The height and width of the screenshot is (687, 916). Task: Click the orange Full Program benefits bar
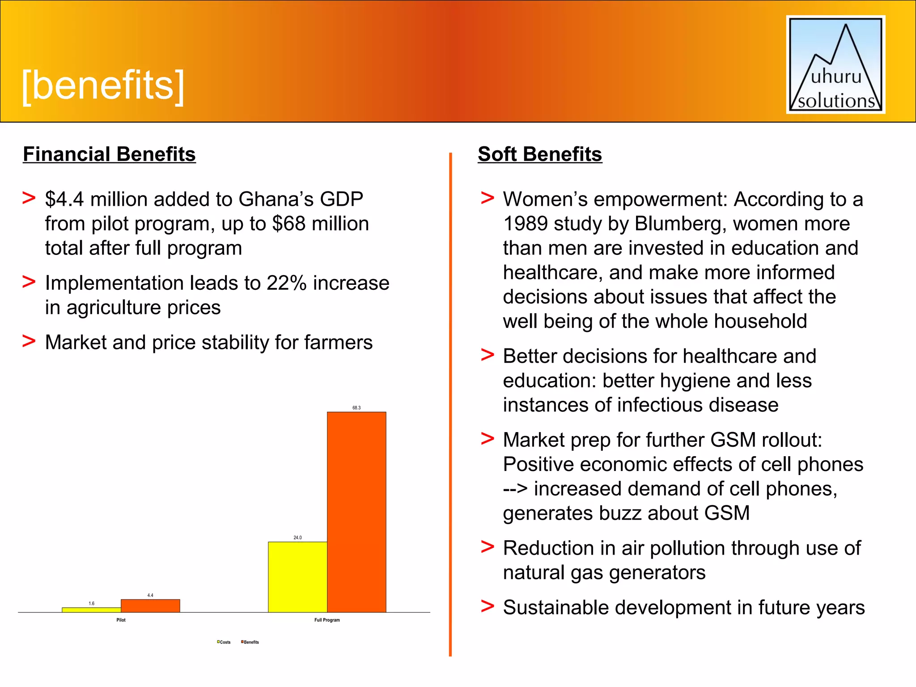356,512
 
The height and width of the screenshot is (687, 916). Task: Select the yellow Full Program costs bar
297,577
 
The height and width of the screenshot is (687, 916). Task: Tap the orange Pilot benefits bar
150,606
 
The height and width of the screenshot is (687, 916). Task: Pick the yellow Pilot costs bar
91,610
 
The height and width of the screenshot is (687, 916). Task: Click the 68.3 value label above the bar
356,408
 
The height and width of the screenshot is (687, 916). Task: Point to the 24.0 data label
297,538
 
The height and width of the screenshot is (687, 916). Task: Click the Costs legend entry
224,642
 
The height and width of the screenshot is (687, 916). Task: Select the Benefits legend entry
250,642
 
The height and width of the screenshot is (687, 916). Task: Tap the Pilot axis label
121,620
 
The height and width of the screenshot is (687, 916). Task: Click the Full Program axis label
327,620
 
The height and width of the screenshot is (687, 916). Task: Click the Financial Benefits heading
109,154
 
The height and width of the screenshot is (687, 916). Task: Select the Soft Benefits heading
540,154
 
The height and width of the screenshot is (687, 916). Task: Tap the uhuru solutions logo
835,65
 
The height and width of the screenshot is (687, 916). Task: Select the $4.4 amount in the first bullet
64,199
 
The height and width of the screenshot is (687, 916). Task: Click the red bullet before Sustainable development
487,606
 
